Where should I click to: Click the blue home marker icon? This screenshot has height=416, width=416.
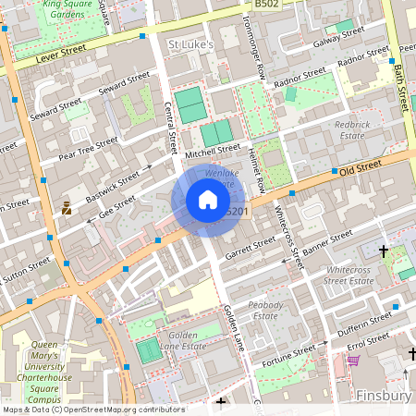(x=208, y=201)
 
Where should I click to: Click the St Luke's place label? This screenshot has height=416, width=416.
(x=190, y=43)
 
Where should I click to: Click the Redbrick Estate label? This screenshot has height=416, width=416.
(x=352, y=129)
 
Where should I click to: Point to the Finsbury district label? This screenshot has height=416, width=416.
(x=384, y=396)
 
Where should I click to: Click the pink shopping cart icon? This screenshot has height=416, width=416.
(x=352, y=360)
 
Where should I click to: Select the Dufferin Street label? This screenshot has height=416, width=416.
(x=354, y=323)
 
